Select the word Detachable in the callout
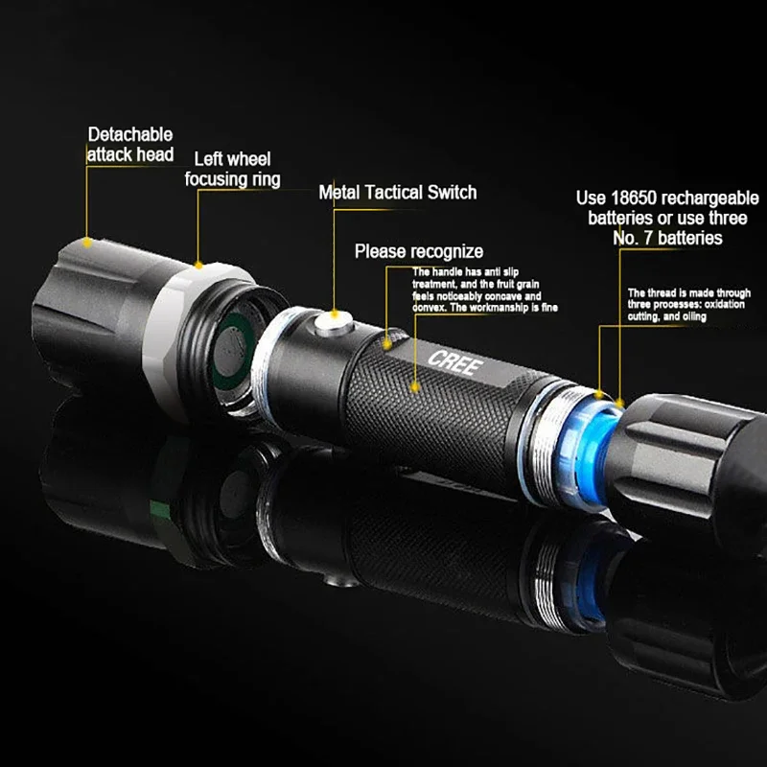point(131,135)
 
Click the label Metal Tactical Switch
point(397,193)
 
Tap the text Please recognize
point(419,251)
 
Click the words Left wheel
point(233,159)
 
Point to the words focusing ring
point(233,179)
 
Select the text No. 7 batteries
point(667,237)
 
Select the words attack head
point(130,154)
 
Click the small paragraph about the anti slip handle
point(485,291)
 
